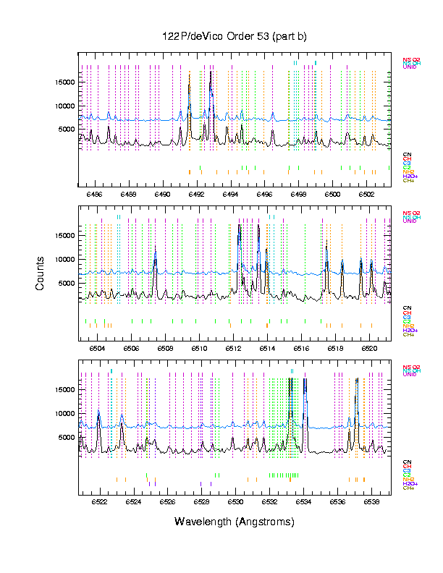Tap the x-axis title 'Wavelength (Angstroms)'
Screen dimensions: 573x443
point(234,522)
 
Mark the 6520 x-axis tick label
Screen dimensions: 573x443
point(370,347)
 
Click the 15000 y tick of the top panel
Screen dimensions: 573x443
point(64,82)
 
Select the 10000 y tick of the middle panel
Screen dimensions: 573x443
point(64,259)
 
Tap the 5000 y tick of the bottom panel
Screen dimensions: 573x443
point(67,437)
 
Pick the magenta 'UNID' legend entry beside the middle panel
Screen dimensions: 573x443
point(410,221)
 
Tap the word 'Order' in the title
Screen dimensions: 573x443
point(233,36)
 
